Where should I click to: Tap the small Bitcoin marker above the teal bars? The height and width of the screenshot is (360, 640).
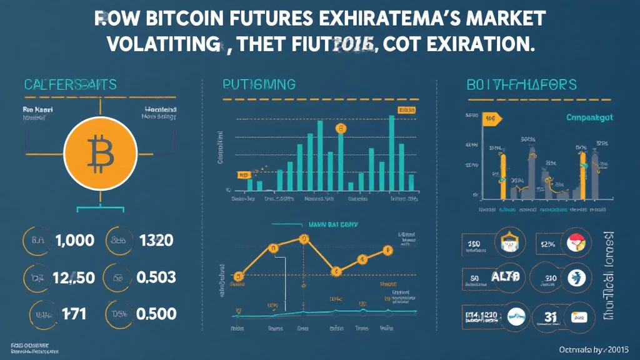tap(341, 129)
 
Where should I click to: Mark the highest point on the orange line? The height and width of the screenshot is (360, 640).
tap(304, 238)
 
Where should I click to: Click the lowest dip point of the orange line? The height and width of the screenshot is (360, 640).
tap(336, 271)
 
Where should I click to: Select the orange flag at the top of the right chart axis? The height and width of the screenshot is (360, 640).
tap(491, 118)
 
